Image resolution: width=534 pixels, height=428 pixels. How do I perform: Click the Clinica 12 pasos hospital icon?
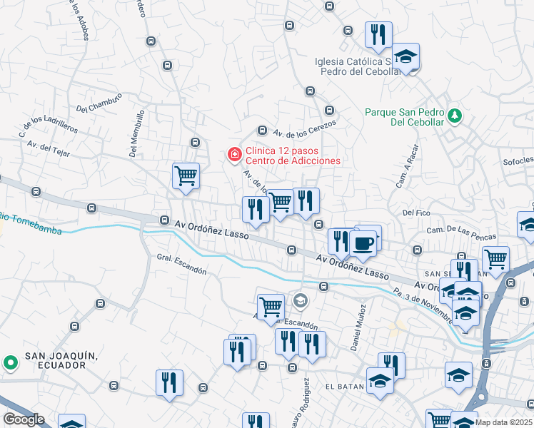[x=233, y=154]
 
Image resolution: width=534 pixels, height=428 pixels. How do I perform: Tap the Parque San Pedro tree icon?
[x=453, y=114]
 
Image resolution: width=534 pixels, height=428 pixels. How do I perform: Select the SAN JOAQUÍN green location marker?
[x=10, y=362]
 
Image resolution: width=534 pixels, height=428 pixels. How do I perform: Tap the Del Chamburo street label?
[x=99, y=106]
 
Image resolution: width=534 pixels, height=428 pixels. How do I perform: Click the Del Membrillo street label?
[x=136, y=133]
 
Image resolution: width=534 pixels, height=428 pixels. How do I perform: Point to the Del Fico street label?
[x=417, y=213]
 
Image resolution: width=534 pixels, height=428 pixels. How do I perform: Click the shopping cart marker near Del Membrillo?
[x=186, y=175]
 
